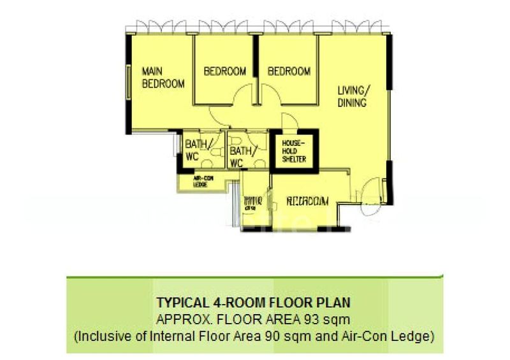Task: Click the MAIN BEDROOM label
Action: (x=163, y=78)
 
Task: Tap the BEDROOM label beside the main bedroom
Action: (x=224, y=71)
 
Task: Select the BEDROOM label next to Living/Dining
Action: (x=289, y=71)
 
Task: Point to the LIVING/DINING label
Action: (x=353, y=96)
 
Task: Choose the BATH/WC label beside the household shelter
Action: (x=241, y=157)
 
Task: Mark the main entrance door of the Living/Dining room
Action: (x=372, y=192)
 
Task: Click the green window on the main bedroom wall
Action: (x=130, y=85)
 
